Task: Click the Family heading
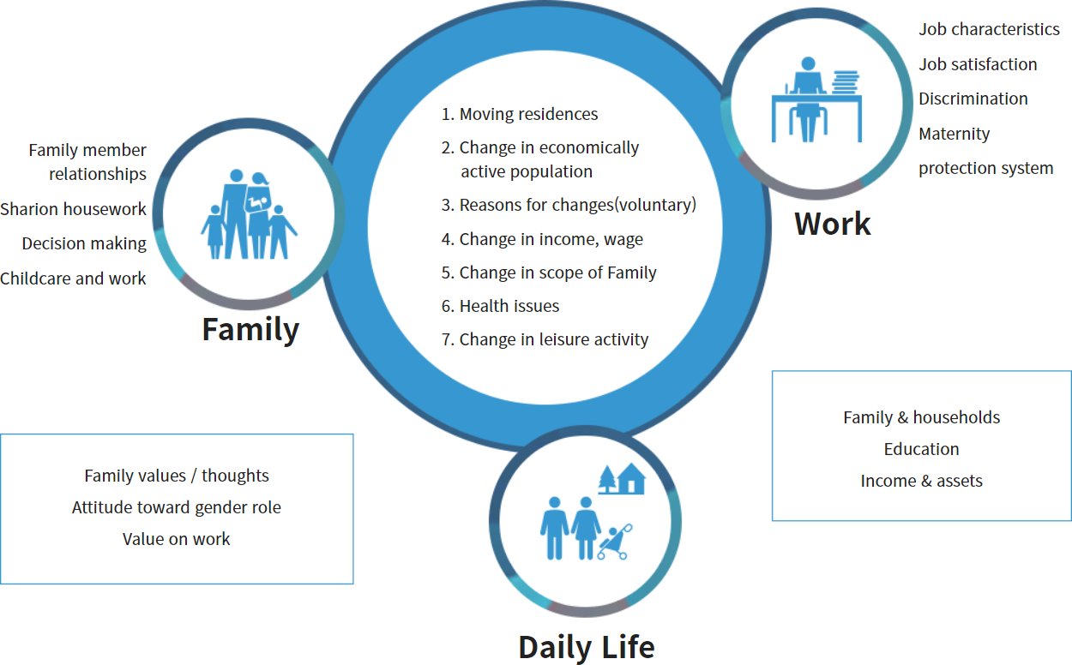click(x=250, y=330)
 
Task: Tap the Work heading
click(x=832, y=224)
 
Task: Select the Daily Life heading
click(x=586, y=647)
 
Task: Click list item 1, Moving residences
click(x=520, y=114)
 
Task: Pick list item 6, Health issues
click(x=500, y=306)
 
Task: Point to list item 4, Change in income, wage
click(x=542, y=239)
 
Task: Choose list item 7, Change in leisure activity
click(x=545, y=339)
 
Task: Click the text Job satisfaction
click(x=978, y=64)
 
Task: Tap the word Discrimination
click(x=973, y=99)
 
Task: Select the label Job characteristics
click(x=989, y=29)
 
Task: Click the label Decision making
click(x=84, y=243)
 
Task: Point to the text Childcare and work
click(x=73, y=279)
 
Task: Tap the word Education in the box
click(x=921, y=449)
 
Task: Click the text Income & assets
click(x=921, y=481)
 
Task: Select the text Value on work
click(x=176, y=539)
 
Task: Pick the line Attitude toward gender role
click(x=176, y=507)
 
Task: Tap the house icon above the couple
click(x=631, y=478)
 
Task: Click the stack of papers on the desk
click(x=846, y=82)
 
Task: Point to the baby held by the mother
click(x=256, y=203)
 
